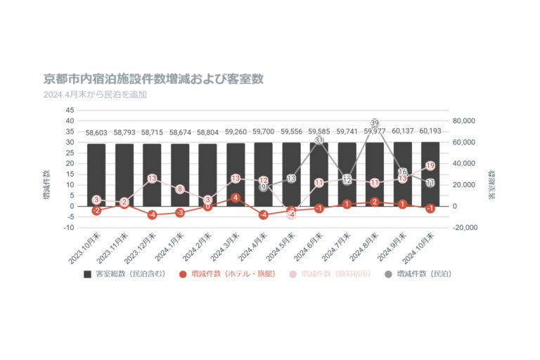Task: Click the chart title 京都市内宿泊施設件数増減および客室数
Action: pyautogui.click(x=153, y=79)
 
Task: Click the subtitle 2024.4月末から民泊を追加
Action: pyautogui.click(x=95, y=94)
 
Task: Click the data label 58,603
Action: pyautogui.click(x=96, y=132)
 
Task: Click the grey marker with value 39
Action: pyautogui.click(x=375, y=123)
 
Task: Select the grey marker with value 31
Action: pyautogui.click(x=319, y=141)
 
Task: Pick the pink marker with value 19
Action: pyautogui.click(x=430, y=166)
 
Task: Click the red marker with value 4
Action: pyautogui.click(x=236, y=198)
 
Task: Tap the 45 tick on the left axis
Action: pyautogui.click(x=70, y=110)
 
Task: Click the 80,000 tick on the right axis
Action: pyautogui.click(x=465, y=121)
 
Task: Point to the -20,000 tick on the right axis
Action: pyautogui.click(x=464, y=228)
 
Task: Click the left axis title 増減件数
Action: pyautogui.click(x=47, y=185)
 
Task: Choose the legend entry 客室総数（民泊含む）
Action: pyautogui.click(x=124, y=274)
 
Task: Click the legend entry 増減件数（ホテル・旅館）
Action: pyautogui.click(x=226, y=274)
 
